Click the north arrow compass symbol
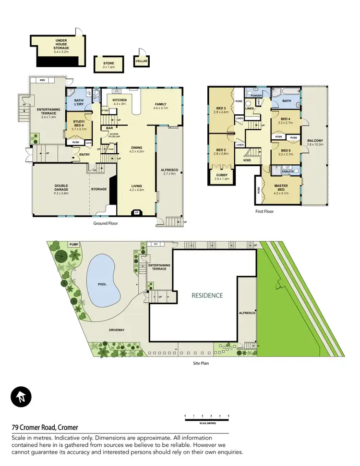(21, 397)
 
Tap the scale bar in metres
(207, 419)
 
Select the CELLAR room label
(141, 61)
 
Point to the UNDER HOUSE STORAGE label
(62, 44)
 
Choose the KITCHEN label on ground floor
(119, 101)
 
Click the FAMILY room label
(161, 104)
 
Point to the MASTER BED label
(281, 187)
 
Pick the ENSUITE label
(287, 171)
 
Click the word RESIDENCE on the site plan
(208, 295)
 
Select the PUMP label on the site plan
(73, 245)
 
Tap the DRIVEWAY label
(117, 331)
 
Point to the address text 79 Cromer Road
(45, 427)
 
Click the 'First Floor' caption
(264, 211)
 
